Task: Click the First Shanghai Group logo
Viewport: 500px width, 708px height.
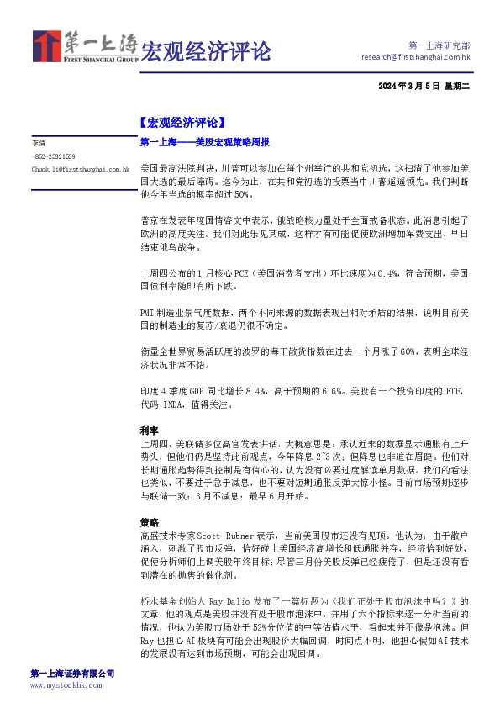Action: [84, 47]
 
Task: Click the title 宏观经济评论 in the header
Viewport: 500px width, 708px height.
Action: [206, 51]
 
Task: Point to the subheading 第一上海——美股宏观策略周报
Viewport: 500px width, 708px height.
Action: [205, 142]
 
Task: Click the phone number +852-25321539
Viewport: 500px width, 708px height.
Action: [55, 156]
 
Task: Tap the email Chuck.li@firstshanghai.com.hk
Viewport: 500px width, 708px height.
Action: [81, 169]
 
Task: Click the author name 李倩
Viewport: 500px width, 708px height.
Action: [39, 144]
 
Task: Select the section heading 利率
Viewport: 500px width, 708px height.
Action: [149, 429]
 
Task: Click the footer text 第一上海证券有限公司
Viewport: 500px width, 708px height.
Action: [72, 674]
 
